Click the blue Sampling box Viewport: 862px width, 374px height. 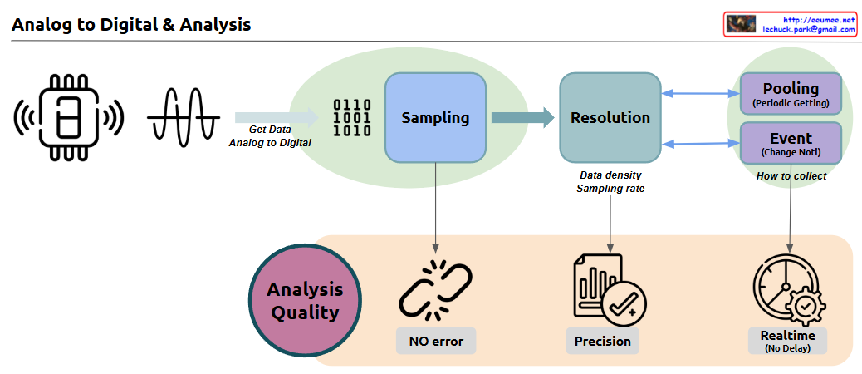point(435,117)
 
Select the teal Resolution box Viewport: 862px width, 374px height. point(610,117)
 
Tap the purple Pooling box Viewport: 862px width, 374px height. point(790,94)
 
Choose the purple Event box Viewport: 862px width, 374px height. point(790,143)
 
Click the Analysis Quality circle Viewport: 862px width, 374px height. point(305,302)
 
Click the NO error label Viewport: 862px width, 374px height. point(435,341)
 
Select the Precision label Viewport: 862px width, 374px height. point(603,341)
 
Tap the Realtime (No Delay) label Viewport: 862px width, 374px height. point(787,341)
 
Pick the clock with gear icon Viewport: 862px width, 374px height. point(787,290)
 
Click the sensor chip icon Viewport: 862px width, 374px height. point(68,117)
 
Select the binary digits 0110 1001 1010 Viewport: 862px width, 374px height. point(352,117)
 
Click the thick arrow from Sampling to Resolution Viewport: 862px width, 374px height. point(522,117)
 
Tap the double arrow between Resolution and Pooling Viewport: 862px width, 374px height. point(699,94)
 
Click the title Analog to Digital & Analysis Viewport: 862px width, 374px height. point(131,25)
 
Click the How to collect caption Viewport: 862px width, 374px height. point(791,176)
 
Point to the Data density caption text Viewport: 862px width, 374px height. point(610,175)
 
